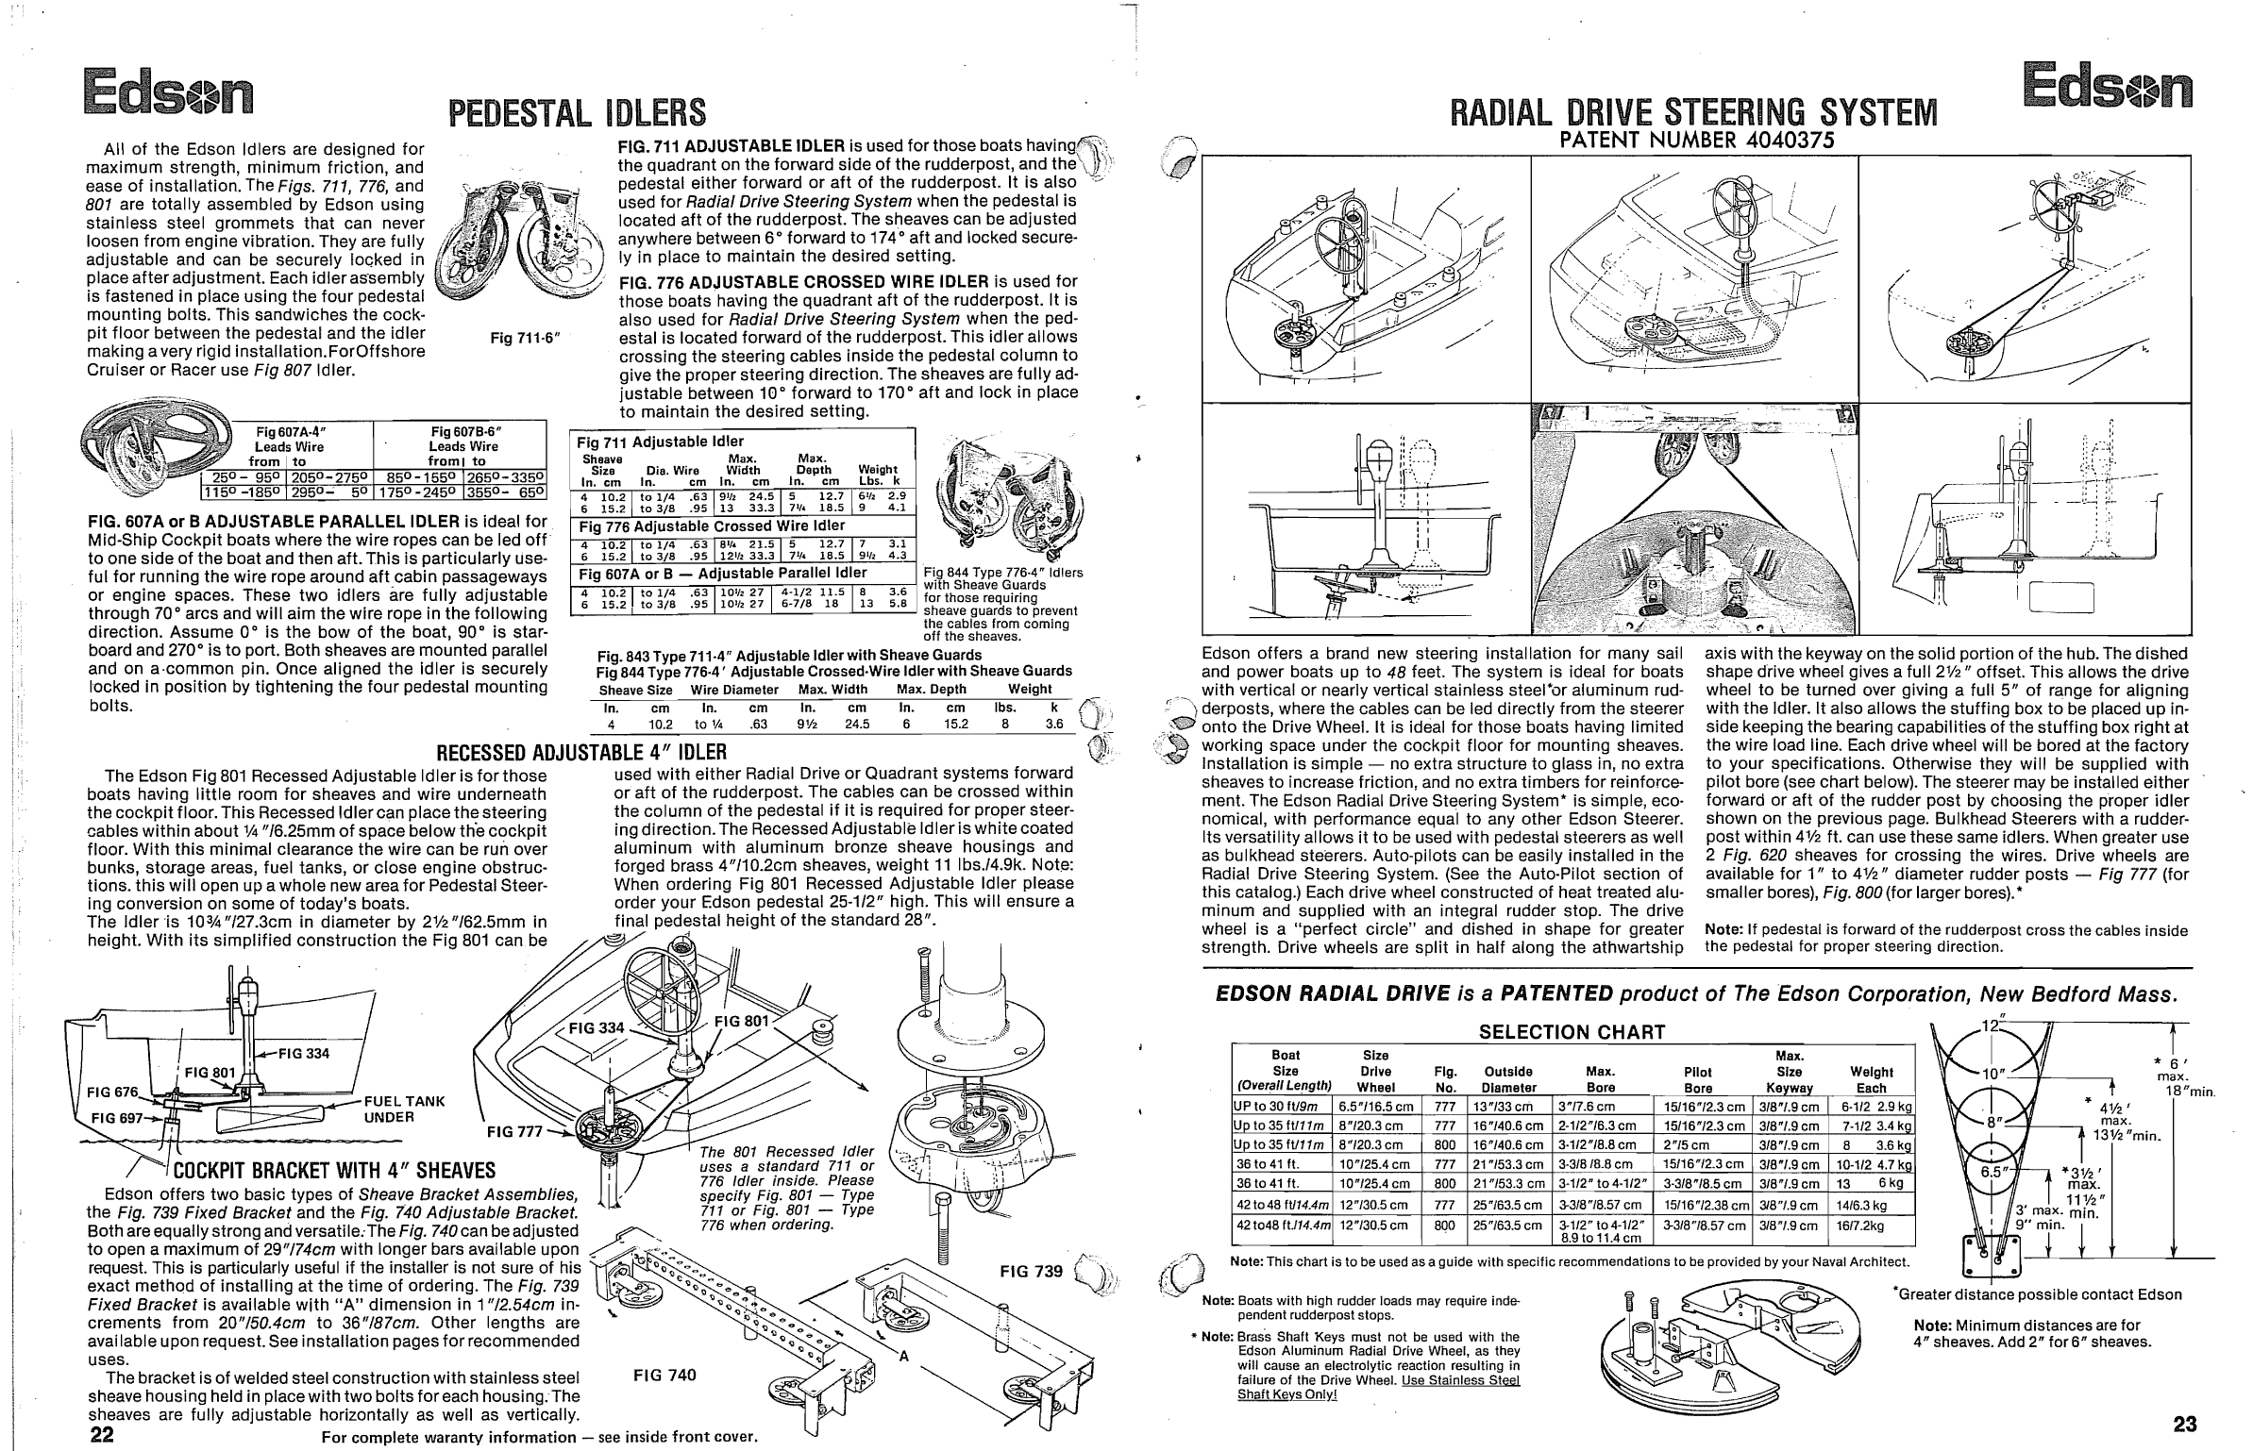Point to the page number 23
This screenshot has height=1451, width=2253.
(x=2184, y=1424)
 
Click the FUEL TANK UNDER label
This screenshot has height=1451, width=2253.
(x=404, y=1109)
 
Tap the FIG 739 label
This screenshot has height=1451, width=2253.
(x=1031, y=1271)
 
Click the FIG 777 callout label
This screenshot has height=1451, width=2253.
(x=515, y=1132)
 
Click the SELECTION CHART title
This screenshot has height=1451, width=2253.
(x=1572, y=1032)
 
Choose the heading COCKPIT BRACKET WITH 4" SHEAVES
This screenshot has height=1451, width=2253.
(x=335, y=1171)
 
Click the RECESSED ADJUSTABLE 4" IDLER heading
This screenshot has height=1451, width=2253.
(x=580, y=752)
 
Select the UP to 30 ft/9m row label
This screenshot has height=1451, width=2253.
(x=1281, y=1106)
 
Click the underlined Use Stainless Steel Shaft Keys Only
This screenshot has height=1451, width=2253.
(x=1378, y=1388)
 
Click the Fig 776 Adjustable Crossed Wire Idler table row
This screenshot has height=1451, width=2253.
(x=712, y=525)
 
